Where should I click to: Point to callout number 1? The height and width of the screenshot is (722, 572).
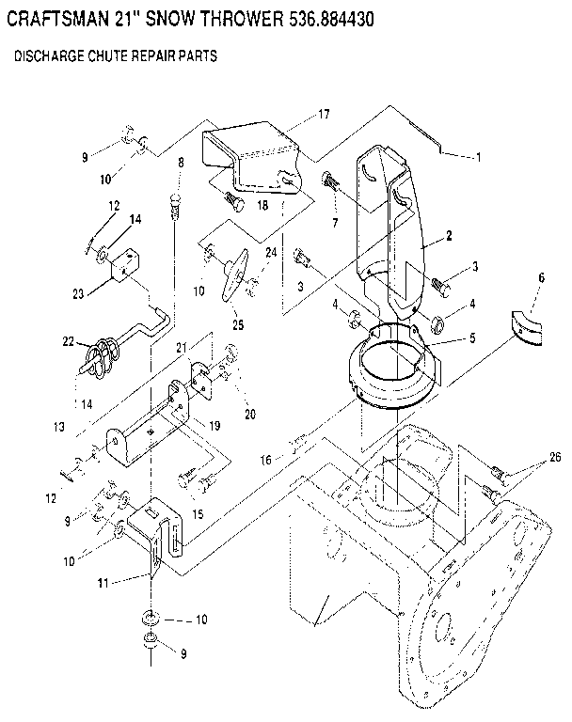[x=478, y=157]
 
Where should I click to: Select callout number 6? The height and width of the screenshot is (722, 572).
[x=541, y=278]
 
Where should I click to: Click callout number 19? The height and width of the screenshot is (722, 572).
[x=214, y=426]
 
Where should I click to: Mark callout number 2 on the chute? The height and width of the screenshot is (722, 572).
[x=450, y=235]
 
